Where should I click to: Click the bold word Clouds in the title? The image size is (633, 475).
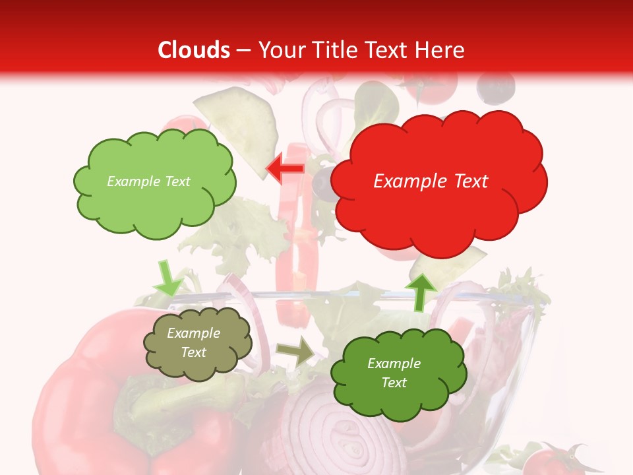point(194,50)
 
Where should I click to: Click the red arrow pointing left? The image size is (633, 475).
point(285,168)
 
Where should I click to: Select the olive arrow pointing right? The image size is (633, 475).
point(296,352)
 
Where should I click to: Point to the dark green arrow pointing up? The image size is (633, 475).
point(420,290)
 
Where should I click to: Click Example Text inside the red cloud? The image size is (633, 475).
point(431,181)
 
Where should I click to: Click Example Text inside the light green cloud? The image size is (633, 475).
point(148,181)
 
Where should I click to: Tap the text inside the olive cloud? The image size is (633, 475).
point(194,343)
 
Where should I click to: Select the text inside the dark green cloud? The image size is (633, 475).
point(394,373)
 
